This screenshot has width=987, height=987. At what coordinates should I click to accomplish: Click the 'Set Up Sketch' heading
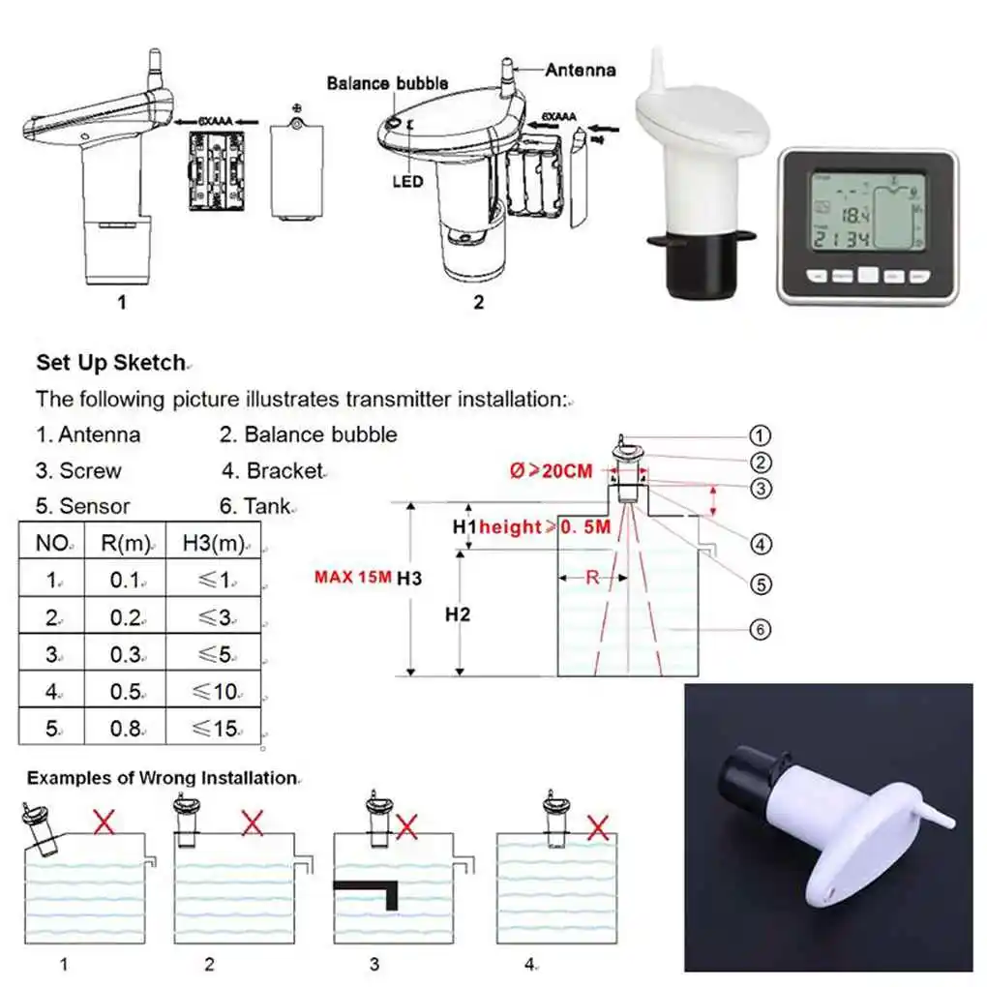pos(110,363)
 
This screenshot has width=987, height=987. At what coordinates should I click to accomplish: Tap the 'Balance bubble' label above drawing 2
pos(387,83)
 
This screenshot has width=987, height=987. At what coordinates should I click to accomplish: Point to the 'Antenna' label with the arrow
pos(580,70)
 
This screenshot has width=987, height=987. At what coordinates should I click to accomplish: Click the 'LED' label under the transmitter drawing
pos(408,181)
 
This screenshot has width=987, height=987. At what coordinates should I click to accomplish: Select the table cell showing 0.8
pos(125,729)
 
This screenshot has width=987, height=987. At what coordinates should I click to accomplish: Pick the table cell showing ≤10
pos(212,691)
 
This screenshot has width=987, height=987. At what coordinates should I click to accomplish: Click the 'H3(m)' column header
pos(212,542)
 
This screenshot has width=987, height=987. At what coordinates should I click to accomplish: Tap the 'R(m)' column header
pos(125,542)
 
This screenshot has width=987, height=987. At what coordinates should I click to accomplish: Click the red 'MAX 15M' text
pos(352,578)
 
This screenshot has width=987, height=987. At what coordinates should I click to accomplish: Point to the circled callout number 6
pos(761,630)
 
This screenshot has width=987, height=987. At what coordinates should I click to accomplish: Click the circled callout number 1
pos(761,435)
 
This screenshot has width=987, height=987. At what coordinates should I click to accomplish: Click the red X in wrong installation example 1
pos(104,823)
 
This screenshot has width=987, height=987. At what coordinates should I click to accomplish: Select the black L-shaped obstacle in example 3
pos(373,888)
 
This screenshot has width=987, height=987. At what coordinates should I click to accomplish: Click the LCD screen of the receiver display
pos(867,215)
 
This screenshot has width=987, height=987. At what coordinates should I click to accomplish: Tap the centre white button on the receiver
pos(867,275)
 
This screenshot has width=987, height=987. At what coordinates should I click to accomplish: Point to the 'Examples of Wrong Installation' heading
pos(161,778)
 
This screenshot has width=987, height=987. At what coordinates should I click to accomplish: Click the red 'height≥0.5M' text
pos(545,527)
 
